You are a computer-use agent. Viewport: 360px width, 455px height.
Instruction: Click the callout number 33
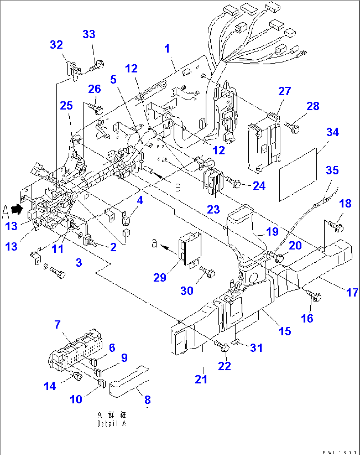pos(89,34)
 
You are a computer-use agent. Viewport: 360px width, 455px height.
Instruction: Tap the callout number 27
pos(284,91)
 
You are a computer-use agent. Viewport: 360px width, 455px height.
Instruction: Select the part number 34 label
pos(332,132)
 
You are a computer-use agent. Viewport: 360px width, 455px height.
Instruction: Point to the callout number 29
pos(160,278)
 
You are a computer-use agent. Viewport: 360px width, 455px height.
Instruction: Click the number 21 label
pos(201,379)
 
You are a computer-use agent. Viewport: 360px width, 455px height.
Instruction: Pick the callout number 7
pos(57,324)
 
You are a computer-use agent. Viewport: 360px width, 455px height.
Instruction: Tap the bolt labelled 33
pos(97,65)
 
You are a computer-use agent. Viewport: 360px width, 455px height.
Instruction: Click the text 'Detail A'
pos(112,424)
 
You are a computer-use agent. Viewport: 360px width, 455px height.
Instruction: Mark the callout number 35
pos(332,170)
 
